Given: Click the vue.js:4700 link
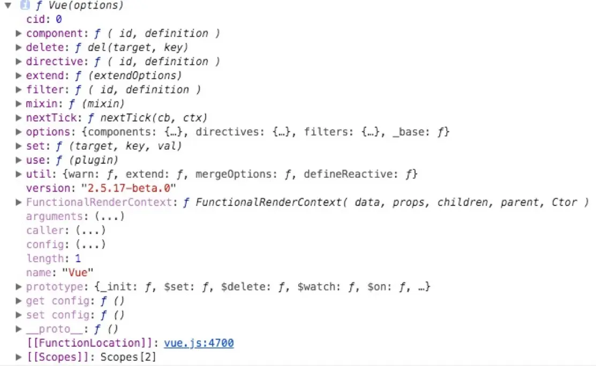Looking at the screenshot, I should (199, 343).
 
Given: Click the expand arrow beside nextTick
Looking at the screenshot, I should (19, 118).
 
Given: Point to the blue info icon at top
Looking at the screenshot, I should (25, 6).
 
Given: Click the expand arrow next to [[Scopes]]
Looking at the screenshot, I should (19, 357).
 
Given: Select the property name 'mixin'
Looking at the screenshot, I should (40, 103).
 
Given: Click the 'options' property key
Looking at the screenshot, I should (47, 132).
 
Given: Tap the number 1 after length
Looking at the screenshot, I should (78, 258).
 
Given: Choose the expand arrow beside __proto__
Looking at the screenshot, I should (19, 329).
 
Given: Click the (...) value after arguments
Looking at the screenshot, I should (109, 216).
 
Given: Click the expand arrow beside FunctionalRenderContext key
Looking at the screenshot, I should (19, 202).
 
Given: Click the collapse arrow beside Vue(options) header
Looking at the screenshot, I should (8, 6).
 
